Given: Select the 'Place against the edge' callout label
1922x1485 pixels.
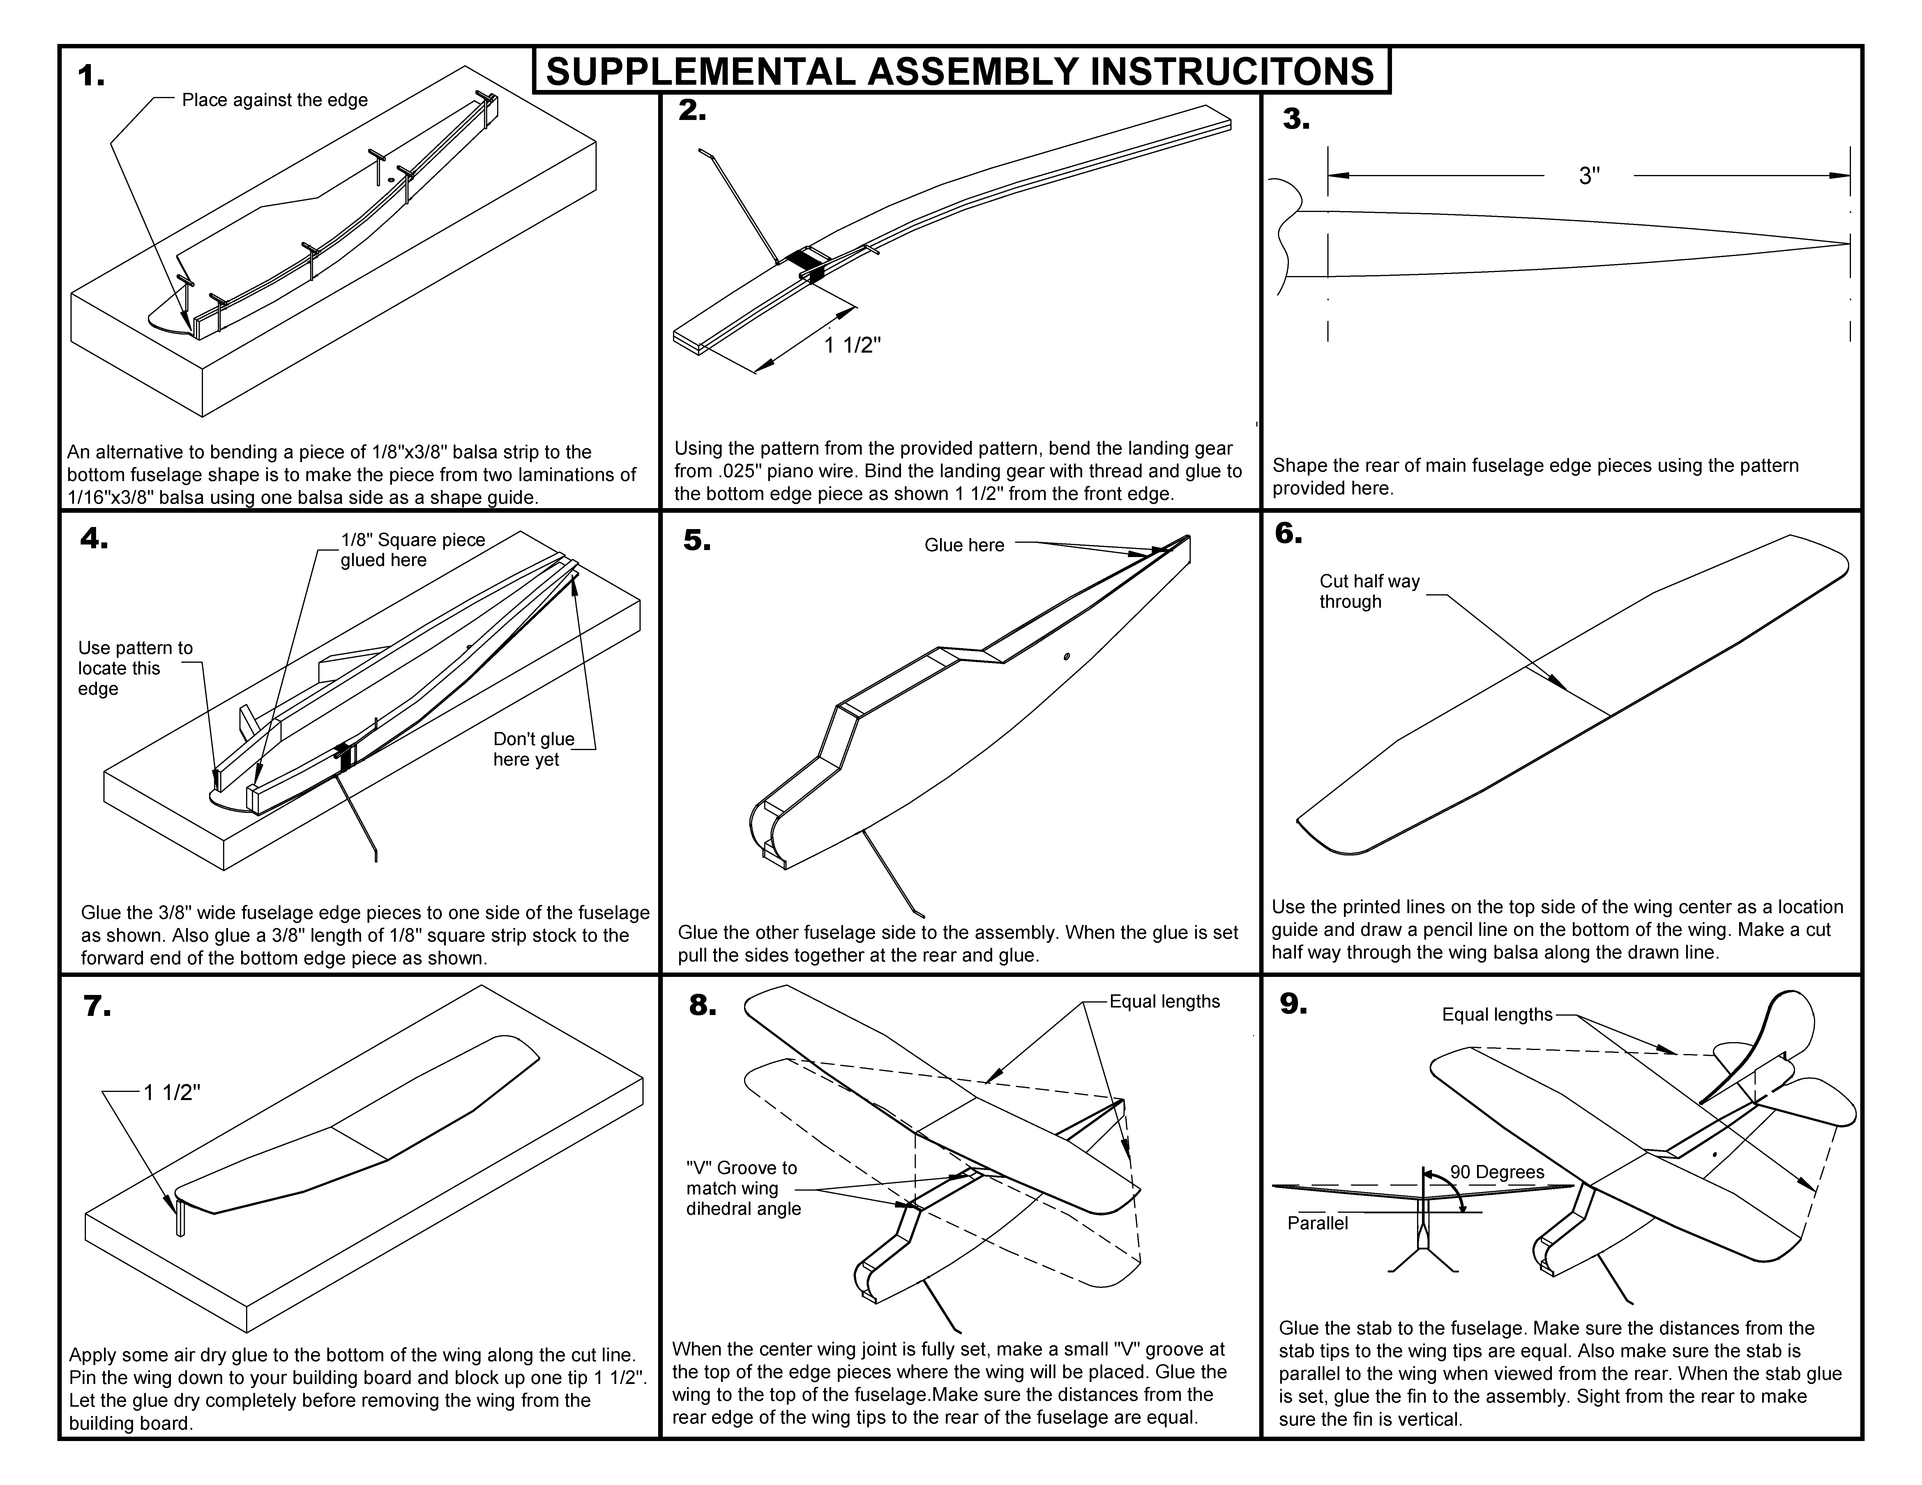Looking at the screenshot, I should pyautogui.click(x=275, y=100).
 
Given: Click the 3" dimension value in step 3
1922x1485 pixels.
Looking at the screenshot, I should pyautogui.click(x=1589, y=176).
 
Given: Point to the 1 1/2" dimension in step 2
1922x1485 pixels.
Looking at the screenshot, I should pyautogui.click(x=852, y=345).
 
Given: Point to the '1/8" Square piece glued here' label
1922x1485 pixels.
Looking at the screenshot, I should pyautogui.click(x=412, y=550).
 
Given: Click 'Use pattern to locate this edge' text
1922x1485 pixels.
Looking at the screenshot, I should pyautogui.click(x=135, y=669).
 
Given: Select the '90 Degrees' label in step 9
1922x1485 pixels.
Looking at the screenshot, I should pyautogui.click(x=1497, y=1172).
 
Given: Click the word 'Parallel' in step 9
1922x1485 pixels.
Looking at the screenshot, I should pyautogui.click(x=1317, y=1224).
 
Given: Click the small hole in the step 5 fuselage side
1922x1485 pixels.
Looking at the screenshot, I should pyautogui.click(x=1066, y=656).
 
